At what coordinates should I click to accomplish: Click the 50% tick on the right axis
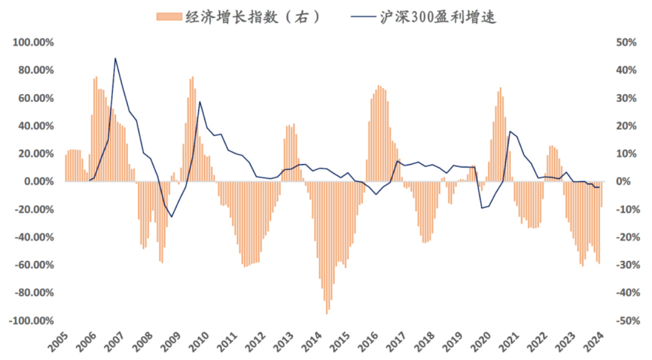click(627, 43)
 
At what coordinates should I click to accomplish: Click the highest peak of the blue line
click(115, 58)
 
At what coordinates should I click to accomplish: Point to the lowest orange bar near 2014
click(327, 313)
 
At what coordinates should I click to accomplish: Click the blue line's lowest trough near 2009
click(171, 216)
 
